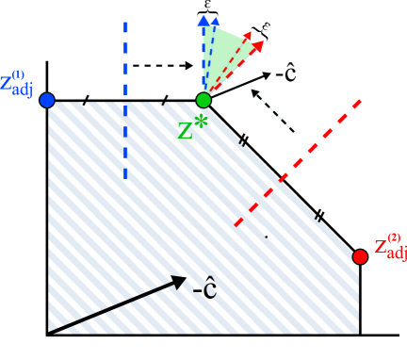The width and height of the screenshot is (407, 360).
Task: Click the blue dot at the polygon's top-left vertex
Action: pyautogui.click(x=47, y=100)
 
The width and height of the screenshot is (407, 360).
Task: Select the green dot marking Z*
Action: pyautogui.click(x=203, y=100)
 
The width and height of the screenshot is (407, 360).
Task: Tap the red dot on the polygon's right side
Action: pyautogui.click(x=360, y=256)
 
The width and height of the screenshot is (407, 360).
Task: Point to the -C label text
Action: pyautogui.click(x=205, y=290)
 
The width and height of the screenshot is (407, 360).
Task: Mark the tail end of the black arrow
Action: pyautogui.click(x=53, y=331)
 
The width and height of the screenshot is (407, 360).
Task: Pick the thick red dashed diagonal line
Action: pyautogui.click(x=298, y=161)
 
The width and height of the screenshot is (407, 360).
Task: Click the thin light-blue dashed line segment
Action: pyautogui.click(x=275, y=113)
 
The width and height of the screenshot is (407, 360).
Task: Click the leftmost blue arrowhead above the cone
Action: pyautogui.click(x=203, y=20)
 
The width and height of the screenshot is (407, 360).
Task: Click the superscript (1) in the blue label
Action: pyautogui.click(x=18, y=74)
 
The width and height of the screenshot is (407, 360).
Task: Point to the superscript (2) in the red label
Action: pyautogui.click(x=393, y=237)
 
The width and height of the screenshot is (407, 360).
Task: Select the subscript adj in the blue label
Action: pyautogui.click(x=22, y=90)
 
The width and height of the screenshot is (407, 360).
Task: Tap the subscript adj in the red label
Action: pyautogui.click(x=397, y=253)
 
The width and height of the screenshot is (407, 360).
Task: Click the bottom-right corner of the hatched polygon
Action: pyautogui.click(x=359, y=333)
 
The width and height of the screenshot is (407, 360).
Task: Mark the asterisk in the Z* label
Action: pyautogui.click(x=200, y=120)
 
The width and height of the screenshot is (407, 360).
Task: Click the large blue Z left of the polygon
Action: pyautogui.click(x=6, y=83)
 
